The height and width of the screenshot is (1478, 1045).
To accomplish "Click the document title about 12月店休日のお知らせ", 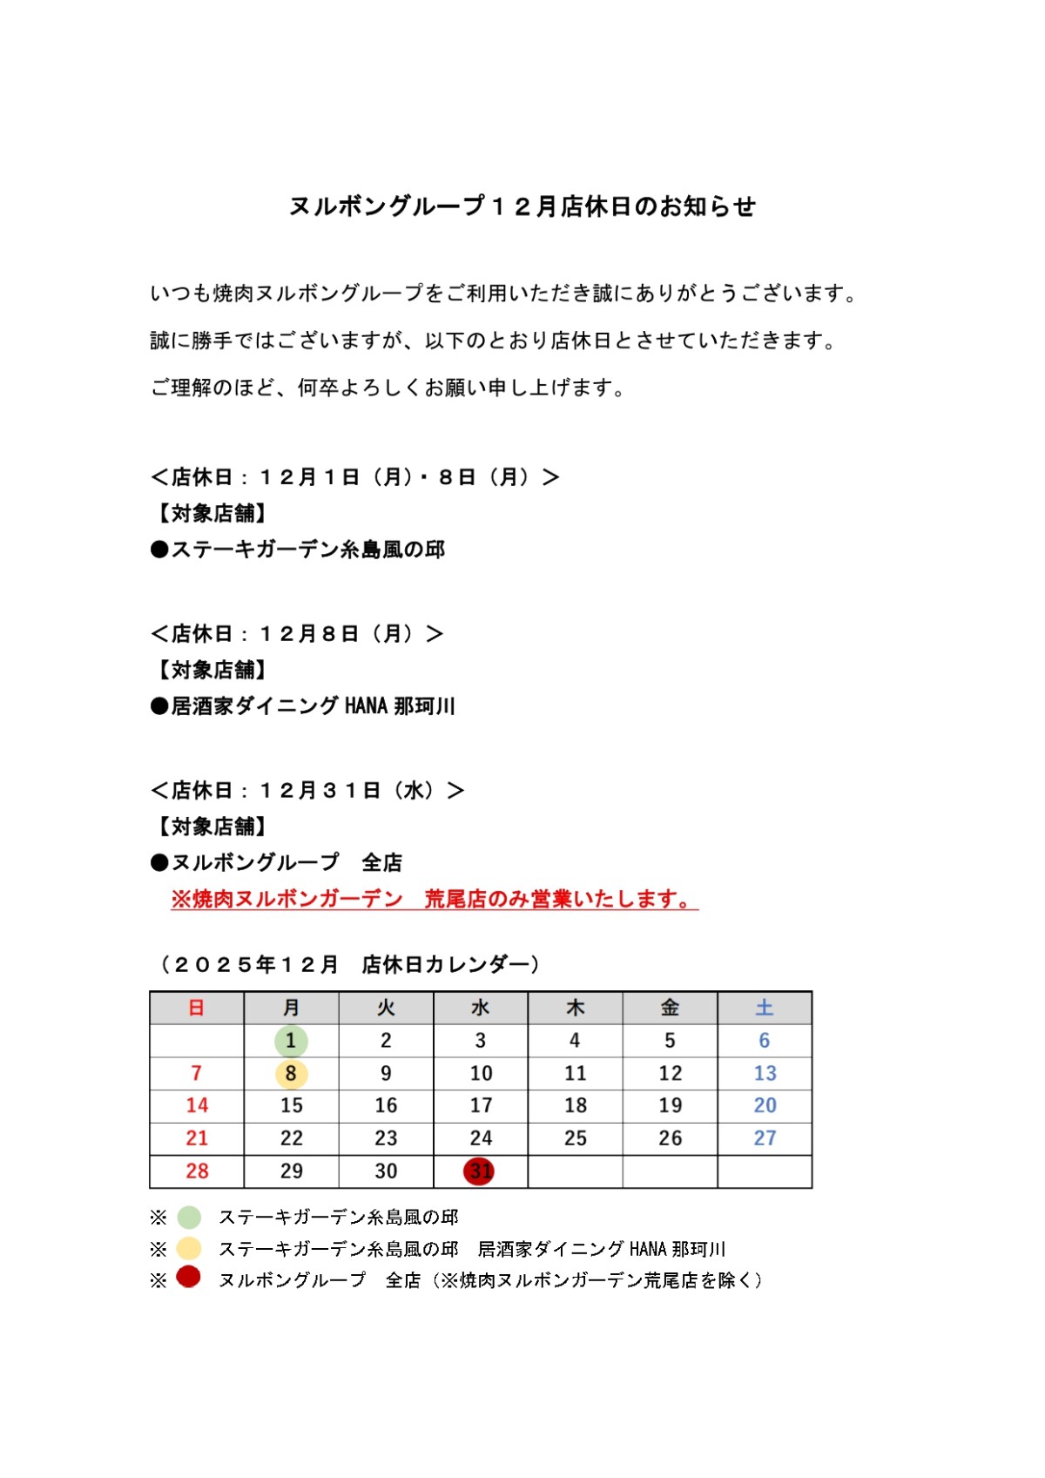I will click(x=522, y=206).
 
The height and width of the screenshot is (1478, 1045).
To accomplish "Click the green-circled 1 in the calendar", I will click(x=291, y=1041).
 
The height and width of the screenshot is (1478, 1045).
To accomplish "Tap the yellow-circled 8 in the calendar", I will click(x=291, y=1074).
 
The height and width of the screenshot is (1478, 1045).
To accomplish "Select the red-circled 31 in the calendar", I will click(x=480, y=1171).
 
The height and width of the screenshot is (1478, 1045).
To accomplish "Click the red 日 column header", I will click(x=197, y=1008).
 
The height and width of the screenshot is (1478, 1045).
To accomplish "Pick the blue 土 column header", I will click(x=764, y=1008).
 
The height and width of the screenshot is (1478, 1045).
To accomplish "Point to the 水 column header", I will click(x=480, y=1008).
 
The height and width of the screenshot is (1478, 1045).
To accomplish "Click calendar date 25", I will click(x=575, y=1138).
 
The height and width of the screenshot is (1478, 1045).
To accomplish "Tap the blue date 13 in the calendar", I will click(x=764, y=1074).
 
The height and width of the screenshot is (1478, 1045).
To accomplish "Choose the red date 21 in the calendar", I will click(x=197, y=1138).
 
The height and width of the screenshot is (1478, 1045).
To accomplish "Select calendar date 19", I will click(x=670, y=1106).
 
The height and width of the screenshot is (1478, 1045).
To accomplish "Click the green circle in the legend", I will click(x=189, y=1217).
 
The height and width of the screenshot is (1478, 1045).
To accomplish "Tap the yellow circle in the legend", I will click(x=189, y=1248).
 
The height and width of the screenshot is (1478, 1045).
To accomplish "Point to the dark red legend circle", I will click(x=189, y=1278).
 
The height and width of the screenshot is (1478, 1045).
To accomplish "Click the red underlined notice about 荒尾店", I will click(x=434, y=899).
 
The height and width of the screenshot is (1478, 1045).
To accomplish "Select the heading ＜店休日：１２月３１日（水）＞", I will click(x=307, y=791).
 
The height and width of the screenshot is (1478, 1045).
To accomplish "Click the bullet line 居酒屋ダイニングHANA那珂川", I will click(x=303, y=706).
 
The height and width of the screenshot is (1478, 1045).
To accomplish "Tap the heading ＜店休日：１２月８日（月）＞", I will click(x=297, y=634).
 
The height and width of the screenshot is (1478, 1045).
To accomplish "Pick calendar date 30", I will click(x=386, y=1171).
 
